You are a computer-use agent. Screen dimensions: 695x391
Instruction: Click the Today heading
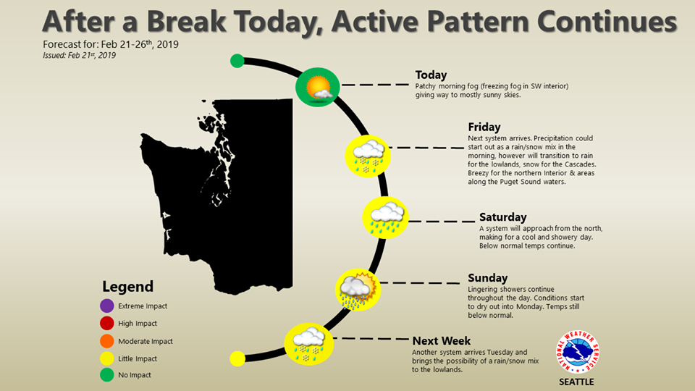click(431, 75)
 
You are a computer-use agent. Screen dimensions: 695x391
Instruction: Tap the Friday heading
click(484, 127)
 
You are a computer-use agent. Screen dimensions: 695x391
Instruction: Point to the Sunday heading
click(487, 278)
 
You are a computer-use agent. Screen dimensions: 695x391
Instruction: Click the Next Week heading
click(441, 341)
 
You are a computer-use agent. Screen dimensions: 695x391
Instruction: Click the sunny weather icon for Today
click(317, 87)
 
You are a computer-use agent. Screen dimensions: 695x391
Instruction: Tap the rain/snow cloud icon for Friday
click(368, 156)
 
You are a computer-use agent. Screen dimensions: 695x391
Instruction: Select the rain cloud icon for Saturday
click(385, 218)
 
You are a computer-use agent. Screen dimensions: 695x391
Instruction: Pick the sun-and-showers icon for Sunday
click(358, 290)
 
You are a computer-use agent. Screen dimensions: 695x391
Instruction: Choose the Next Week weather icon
click(308, 344)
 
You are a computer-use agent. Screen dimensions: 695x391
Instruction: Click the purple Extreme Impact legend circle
click(107, 306)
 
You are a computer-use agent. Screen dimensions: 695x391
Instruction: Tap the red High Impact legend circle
click(107, 323)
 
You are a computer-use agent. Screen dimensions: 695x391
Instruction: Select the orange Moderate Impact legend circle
click(107, 341)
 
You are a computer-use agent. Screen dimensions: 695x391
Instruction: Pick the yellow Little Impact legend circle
click(107, 358)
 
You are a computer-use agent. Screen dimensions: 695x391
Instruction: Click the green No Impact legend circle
click(107, 374)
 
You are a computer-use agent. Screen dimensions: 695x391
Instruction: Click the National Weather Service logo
click(578, 352)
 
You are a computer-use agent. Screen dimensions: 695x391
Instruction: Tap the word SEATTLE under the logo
click(576, 382)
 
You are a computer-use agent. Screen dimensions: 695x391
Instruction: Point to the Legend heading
click(127, 287)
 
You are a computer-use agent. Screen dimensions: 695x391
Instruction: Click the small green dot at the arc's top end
click(237, 61)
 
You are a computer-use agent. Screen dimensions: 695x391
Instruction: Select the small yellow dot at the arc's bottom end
click(237, 358)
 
